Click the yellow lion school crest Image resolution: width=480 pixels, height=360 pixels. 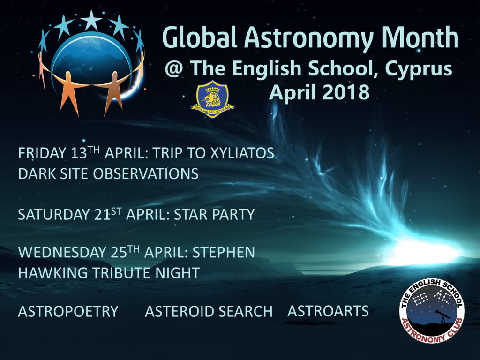[x=212, y=98]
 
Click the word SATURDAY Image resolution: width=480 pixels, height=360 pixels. [x=52, y=215]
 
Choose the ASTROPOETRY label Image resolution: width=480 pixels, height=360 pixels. [x=68, y=311]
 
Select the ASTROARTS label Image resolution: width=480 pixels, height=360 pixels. [x=328, y=311]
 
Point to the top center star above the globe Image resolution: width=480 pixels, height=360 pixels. [x=91, y=20]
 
